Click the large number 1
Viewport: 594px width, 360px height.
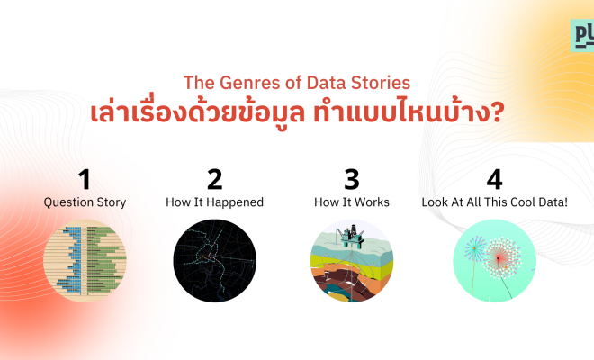85,180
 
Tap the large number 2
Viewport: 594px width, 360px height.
215,180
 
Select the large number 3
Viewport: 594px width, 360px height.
352,180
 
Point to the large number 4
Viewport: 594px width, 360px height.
494,180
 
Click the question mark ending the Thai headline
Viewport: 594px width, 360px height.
497,112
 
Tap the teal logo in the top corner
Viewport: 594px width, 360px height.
582,36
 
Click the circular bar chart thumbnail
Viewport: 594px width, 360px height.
85,261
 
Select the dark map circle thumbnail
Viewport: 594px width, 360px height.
215,261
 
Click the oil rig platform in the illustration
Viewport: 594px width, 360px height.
352,236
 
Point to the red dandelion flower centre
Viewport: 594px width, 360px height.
499,258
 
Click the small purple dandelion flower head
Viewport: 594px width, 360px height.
474,249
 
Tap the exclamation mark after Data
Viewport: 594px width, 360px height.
565,202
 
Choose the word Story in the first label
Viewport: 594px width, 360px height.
112,202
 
